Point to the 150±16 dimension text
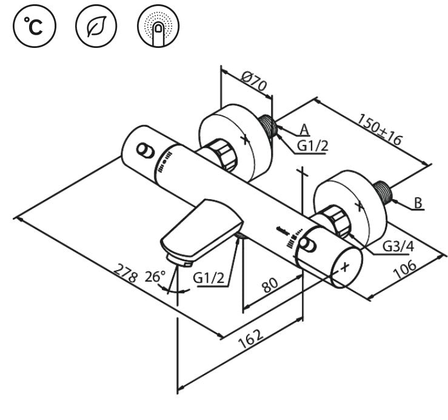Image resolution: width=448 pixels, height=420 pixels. tap(379, 129)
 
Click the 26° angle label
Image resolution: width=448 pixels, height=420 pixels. tap(155, 277)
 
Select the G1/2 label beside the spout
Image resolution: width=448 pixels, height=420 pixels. tap(209, 278)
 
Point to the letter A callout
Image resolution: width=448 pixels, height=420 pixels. tap(305, 129)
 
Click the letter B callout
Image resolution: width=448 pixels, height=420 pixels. tap(418, 203)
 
